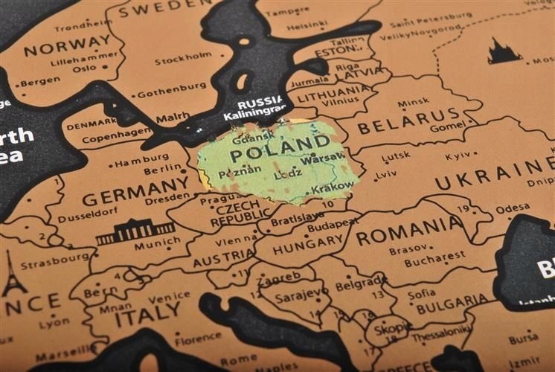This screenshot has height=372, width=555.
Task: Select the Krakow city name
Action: click(333, 188)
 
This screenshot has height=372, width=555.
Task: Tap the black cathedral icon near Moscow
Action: click(504, 51)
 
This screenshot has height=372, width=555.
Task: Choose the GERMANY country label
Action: click(135, 192)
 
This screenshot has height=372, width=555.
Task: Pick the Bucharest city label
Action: click(434, 262)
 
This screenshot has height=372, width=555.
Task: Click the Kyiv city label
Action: click(458, 155)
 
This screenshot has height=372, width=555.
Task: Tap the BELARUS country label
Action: click(408, 119)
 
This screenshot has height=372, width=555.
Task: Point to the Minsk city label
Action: click(413, 103)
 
